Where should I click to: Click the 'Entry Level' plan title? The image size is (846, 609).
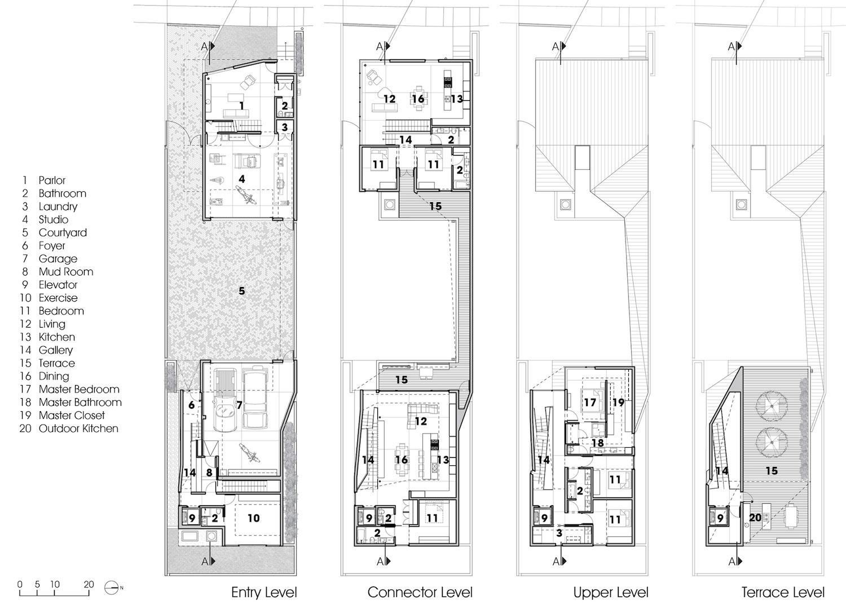point(263,592)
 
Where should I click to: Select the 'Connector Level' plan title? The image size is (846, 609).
point(420,592)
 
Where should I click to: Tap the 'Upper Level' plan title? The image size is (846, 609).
point(611,592)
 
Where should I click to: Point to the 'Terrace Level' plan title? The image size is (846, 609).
point(783,592)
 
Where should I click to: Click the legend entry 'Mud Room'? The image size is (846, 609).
point(65,272)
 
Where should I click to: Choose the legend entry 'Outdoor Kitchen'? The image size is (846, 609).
point(78,429)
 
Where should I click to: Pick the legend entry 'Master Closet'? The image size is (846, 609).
point(72,416)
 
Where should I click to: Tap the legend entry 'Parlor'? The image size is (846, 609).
point(52,180)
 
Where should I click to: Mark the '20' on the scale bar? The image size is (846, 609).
point(88,584)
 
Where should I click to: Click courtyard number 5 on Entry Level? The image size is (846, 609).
point(242,292)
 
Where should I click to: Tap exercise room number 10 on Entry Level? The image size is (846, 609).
point(253,517)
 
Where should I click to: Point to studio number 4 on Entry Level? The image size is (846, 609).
point(242,178)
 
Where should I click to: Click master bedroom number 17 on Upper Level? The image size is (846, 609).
point(590,403)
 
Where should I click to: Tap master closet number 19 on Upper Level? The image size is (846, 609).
point(618,403)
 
